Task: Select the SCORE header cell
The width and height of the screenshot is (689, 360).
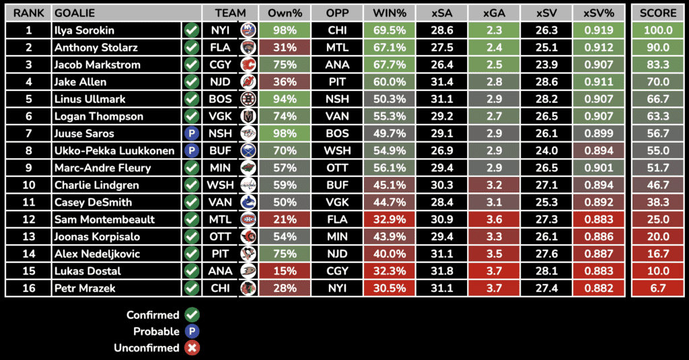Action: point(657,13)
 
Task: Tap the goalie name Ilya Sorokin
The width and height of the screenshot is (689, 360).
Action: point(84,30)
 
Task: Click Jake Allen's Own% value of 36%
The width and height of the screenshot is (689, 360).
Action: point(285,82)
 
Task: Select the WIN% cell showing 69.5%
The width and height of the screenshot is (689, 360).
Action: point(389,30)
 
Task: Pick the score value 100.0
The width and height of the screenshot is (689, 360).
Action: point(657,30)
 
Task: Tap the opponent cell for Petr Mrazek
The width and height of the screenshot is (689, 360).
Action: point(337,289)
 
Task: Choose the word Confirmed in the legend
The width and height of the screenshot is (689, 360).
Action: point(153,315)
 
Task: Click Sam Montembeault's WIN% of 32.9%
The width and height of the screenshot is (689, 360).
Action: point(389,220)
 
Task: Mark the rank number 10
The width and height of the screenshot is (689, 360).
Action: point(28,185)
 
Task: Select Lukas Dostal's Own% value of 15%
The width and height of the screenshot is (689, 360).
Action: point(285,271)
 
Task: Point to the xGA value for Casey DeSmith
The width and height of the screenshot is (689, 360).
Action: point(493,203)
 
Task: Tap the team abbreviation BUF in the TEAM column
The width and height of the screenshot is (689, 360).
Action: point(220,151)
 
